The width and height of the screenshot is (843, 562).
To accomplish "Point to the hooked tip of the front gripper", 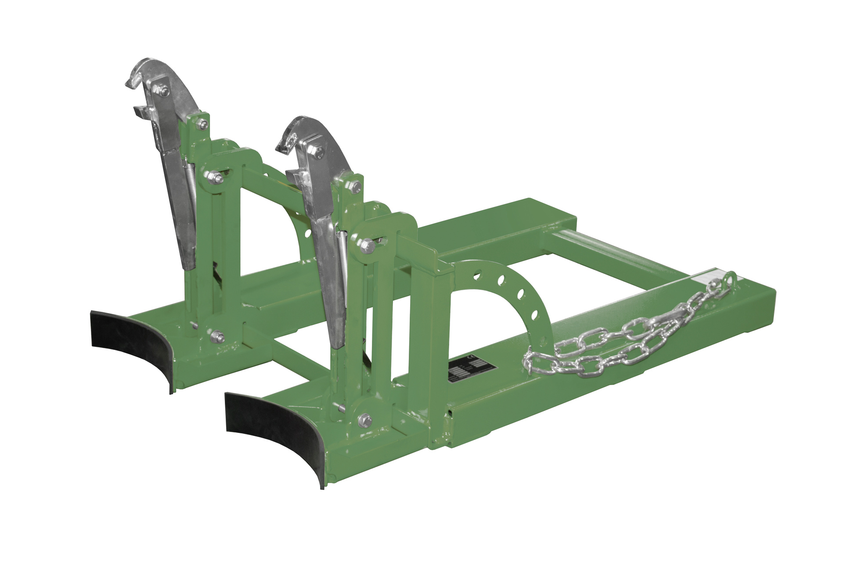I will [x=283, y=149].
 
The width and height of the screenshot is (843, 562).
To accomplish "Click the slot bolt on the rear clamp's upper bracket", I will [x=214, y=177].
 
